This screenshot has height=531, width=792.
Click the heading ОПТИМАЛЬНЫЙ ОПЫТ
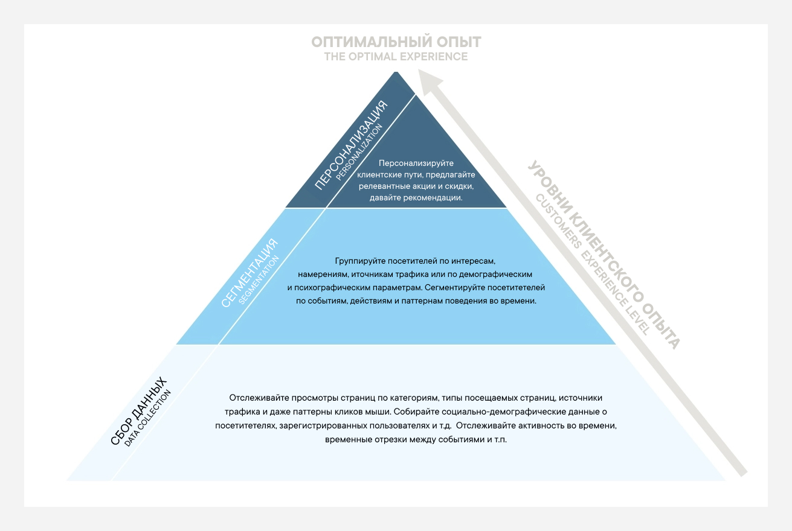click(396, 42)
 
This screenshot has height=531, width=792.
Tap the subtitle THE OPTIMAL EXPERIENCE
click(396, 57)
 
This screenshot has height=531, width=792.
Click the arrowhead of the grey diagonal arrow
click(430, 81)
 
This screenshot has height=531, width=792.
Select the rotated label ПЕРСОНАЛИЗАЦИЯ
click(351, 145)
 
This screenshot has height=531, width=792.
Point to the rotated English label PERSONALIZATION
click(359, 152)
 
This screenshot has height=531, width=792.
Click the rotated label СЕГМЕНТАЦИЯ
click(250, 273)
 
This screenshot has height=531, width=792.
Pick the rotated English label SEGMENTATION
click(259, 279)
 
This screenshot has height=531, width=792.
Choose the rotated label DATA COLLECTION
click(148, 418)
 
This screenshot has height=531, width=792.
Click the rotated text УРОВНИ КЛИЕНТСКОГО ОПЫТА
click(604, 254)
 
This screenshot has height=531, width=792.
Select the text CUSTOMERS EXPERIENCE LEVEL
click(592, 264)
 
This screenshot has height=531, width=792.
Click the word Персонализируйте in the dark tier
click(416, 163)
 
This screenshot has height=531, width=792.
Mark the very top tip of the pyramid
click(396, 72)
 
